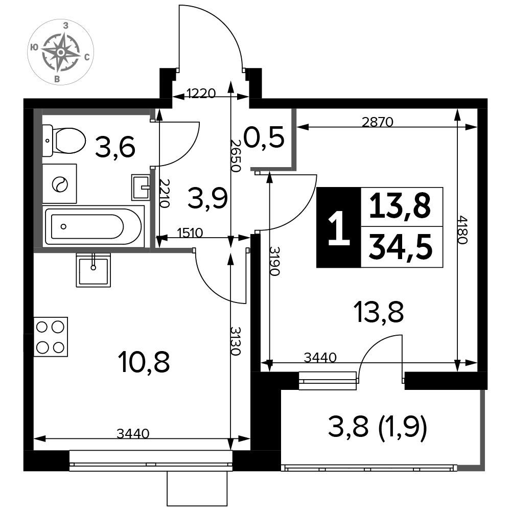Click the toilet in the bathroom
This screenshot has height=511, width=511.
[64, 141]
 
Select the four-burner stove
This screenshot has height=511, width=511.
[51, 337]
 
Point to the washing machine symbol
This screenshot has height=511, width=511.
[60, 184]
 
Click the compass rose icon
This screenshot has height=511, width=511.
[61, 52]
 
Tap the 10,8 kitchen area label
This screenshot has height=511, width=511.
[145, 362]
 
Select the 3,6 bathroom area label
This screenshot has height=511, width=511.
[115, 147]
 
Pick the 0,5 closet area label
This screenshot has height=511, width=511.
[264, 137]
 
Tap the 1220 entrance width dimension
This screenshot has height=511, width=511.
[201, 94]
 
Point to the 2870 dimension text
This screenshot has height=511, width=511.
[378, 122]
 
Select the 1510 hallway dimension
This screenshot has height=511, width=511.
[190, 233]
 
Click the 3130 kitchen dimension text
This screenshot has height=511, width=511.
[236, 341]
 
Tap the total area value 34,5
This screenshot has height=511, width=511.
[401, 247]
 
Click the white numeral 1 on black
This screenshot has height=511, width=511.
[339, 228]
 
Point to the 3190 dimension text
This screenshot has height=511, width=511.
[275, 261]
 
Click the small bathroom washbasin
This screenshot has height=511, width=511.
[141, 187]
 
